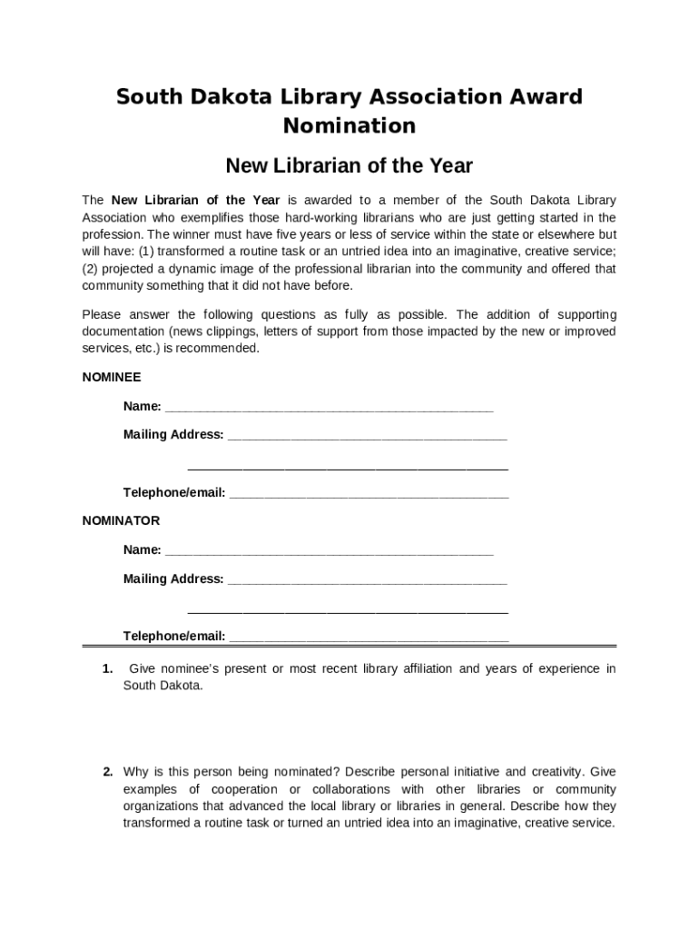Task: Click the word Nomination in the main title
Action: coord(349,125)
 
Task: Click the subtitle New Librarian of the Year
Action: coord(349,166)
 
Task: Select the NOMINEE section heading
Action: coord(112,377)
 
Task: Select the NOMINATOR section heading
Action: coord(121,521)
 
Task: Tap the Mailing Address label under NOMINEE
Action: coord(173,435)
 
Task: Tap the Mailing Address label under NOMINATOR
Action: coord(173,579)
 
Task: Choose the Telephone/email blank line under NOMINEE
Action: coord(369,493)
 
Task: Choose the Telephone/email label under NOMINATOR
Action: coord(174,637)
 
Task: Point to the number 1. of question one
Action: coord(107,669)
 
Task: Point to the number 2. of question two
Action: coord(107,772)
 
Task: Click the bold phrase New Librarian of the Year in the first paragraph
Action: coord(195,201)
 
